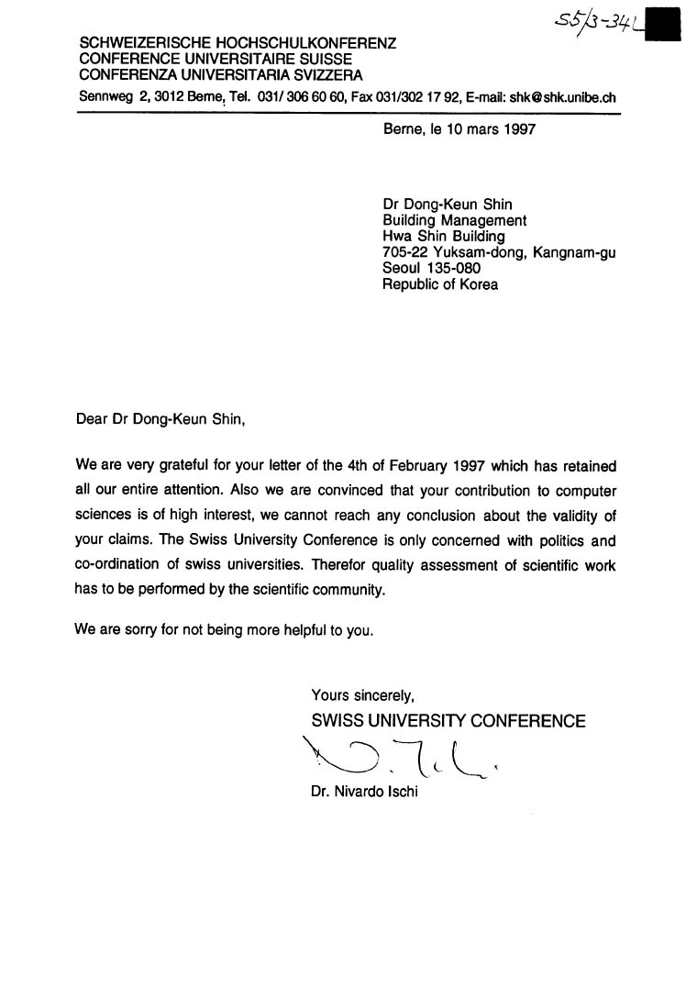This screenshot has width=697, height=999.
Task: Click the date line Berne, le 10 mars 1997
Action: (x=459, y=129)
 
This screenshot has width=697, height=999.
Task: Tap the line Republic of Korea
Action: (x=440, y=284)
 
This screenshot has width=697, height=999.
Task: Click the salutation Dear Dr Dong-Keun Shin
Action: (x=161, y=420)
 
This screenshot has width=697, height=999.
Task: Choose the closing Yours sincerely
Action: (x=363, y=695)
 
